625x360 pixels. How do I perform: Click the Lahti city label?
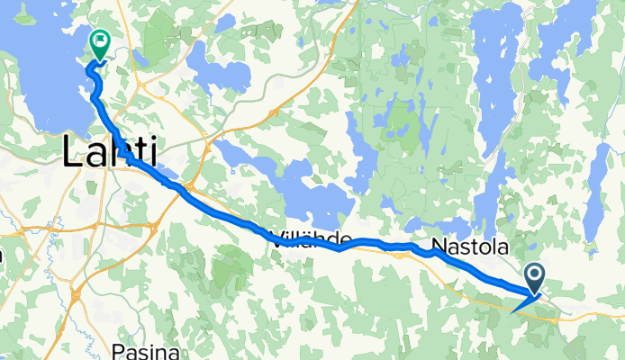(x=108, y=152)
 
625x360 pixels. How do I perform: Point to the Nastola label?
(x=470, y=246)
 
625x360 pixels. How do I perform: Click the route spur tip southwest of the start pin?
(x=511, y=312)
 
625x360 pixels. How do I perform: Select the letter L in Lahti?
(x=73, y=152)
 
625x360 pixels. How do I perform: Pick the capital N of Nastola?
(x=439, y=246)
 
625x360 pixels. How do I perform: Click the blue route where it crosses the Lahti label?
(x=129, y=157)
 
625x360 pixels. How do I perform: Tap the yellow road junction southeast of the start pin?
(x=567, y=315)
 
